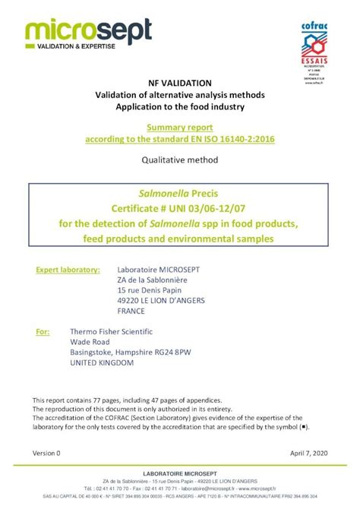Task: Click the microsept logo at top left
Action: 87,33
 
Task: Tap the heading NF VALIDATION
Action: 180,82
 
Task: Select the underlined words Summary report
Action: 180,128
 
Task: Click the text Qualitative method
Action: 180,160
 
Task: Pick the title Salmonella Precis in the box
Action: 180,192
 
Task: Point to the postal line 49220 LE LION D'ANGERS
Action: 163,301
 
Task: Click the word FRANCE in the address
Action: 131,311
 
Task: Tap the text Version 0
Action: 46,453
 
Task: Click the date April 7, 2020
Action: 310,453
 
